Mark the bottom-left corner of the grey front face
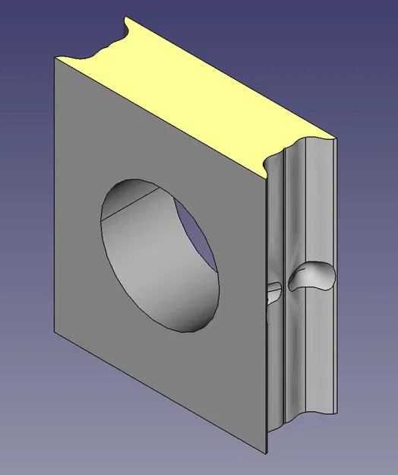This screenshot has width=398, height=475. click(x=54, y=334)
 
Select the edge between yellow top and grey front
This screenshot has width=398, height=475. click(x=160, y=116)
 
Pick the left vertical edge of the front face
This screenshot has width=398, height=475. click(x=54, y=198)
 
